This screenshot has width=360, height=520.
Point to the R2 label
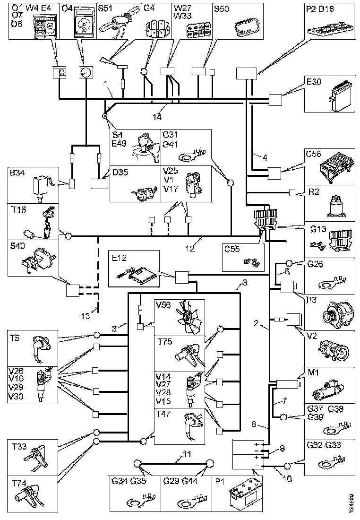314,192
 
